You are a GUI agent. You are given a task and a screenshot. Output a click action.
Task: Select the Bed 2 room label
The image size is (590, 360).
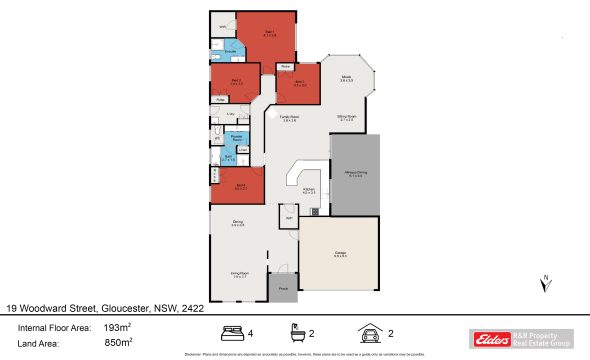click(236, 81)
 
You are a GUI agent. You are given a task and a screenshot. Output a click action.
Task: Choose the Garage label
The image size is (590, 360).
click(340, 255)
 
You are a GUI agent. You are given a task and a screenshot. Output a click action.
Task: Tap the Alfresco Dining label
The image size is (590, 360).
click(356, 174)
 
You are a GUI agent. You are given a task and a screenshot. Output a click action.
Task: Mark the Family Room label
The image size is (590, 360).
click(290, 118)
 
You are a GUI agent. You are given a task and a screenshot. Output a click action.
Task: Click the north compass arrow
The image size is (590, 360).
click(546, 283)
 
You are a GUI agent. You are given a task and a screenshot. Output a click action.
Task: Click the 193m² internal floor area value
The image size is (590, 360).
click(119, 327)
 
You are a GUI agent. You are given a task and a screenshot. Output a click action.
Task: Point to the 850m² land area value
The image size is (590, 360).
click(119, 343)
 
